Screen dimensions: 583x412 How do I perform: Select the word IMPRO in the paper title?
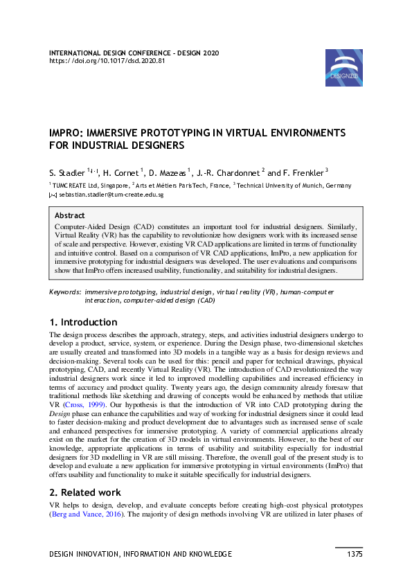tap(67, 132)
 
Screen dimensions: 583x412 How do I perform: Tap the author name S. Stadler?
tap(66, 172)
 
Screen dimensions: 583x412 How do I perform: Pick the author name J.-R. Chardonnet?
tap(228, 172)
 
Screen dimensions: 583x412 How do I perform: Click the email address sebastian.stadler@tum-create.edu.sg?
tap(111, 196)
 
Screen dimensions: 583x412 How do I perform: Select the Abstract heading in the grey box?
tap(69, 215)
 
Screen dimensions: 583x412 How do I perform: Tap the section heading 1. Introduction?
tap(83, 322)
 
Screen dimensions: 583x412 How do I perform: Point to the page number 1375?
tap(355, 554)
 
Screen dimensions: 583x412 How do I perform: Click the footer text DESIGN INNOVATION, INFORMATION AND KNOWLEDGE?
tap(141, 554)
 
